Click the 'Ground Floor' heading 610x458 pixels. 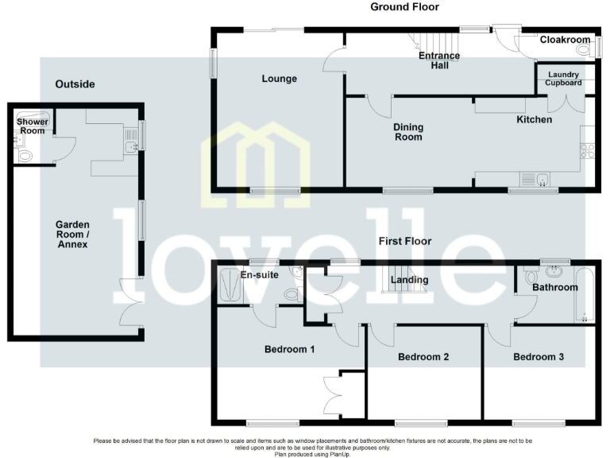[404, 7]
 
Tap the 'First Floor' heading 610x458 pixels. [404, 240]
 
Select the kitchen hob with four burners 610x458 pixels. [587, 150]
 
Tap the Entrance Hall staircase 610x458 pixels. [432, 43]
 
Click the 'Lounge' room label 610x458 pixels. [279, 79]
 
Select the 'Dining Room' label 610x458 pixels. [408, 132]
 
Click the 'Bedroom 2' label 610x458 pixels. [423, 357]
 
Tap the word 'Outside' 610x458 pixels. [75, 83]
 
